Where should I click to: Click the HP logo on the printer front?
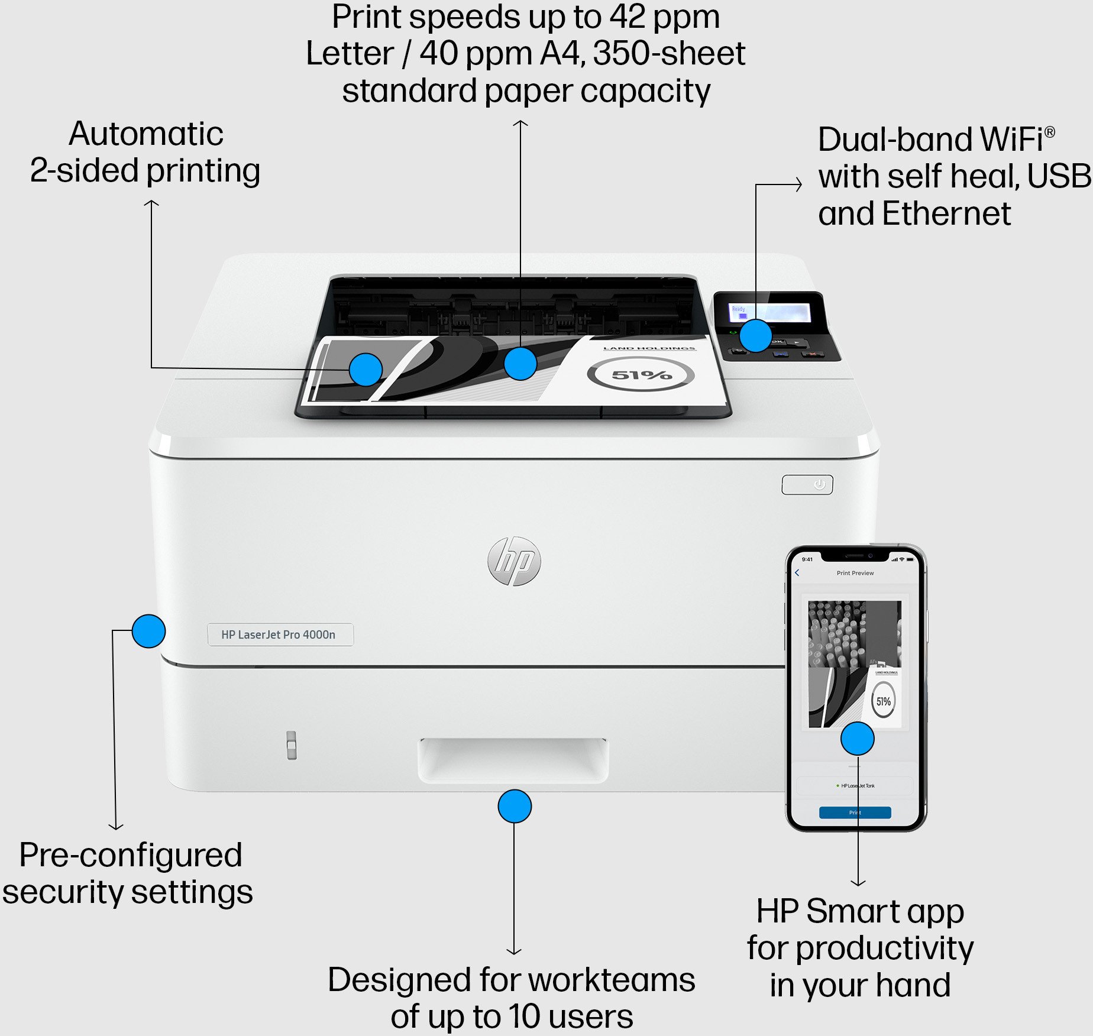coord(514,561)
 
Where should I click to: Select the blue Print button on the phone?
coord(855,812)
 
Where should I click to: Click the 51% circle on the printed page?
coord(641,375)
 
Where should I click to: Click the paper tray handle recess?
coord(513,759)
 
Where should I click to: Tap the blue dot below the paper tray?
coord(515,807)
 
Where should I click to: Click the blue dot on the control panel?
coord(755,336)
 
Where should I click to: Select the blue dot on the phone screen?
coord(857,739)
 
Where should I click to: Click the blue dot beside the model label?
coord(148,631)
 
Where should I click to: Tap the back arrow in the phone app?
coord(797,572)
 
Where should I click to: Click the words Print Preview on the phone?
coord(855,573)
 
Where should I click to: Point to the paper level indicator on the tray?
coord(291,745)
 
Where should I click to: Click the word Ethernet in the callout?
coord(946,213)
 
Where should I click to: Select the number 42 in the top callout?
coord(628,17)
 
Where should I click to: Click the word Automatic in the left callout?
coord(146,134)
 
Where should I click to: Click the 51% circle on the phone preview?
coord(883,701)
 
